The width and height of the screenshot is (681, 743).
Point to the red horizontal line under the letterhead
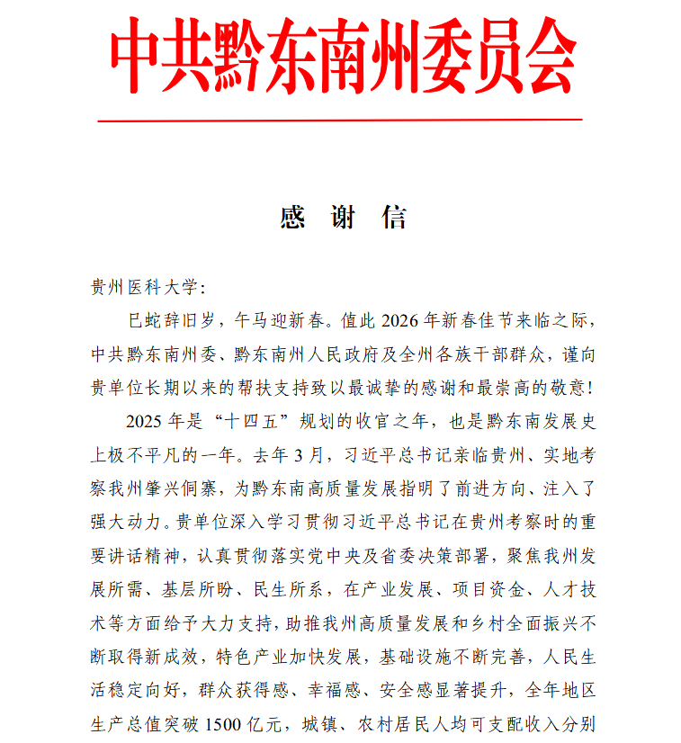point(340,119)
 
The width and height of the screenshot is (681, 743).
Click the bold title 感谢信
point(342,217)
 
